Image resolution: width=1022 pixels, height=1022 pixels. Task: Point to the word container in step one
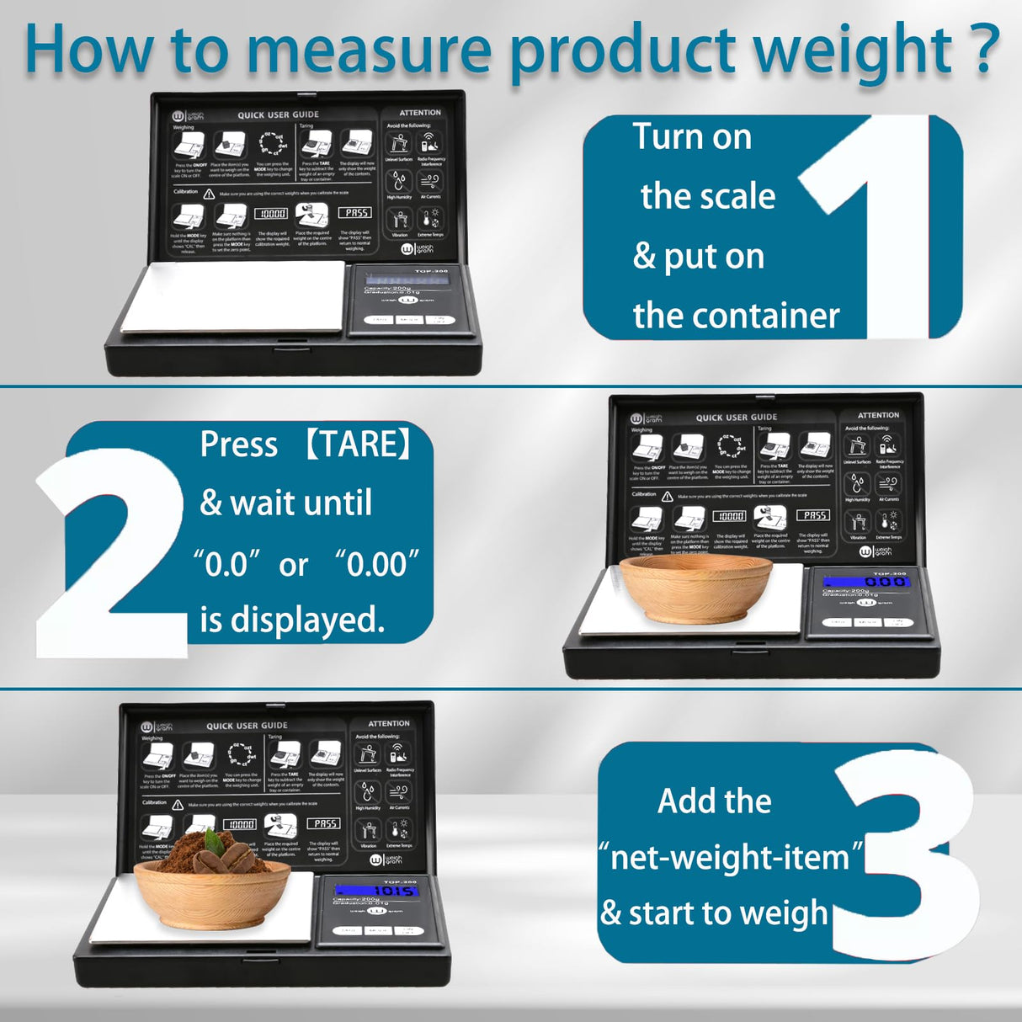(x=775, y=317)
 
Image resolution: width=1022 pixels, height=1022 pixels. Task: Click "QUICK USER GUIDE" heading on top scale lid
(x=278, y=115)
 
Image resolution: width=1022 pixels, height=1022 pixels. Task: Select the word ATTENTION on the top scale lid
(x=420, y=113)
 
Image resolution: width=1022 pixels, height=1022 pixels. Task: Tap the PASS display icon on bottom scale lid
(x=323, y=823)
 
